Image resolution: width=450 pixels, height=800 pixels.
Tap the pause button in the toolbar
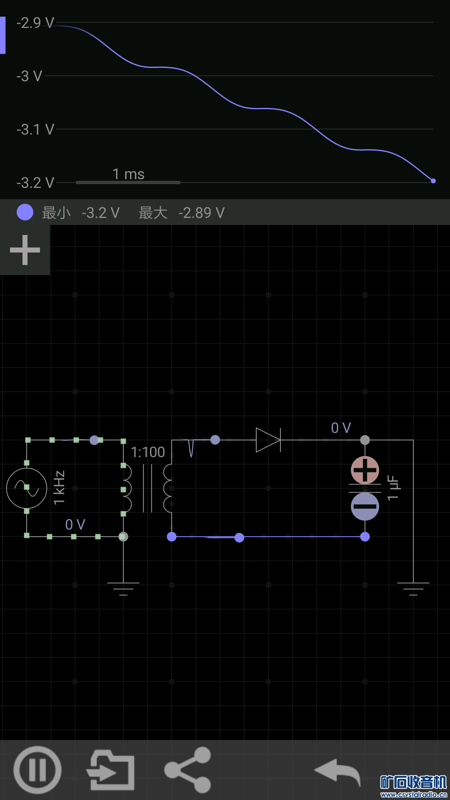tap(37, 770)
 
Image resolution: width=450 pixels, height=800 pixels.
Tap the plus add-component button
tap(25, 250)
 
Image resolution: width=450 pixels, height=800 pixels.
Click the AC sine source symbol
tap(27, 488)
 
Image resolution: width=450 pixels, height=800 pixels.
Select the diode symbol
tap(268, 440)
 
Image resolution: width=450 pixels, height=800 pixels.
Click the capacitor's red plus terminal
tap(365, 470)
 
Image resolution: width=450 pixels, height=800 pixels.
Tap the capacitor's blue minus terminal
tap(365, 507)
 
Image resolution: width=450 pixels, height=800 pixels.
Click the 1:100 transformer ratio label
tap(148, 452)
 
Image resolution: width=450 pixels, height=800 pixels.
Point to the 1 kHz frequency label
tap(60, 487)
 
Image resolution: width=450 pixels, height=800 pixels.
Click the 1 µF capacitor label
tap(393, 487)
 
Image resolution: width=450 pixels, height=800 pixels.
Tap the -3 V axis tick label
tap(30, 76)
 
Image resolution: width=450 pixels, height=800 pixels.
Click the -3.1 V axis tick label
tap(35, 130)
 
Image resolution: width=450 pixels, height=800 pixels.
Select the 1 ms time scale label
tap(128, 174)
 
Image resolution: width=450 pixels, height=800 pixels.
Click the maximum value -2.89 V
tap(202, 213)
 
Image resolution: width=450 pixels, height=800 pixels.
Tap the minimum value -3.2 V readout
tap(101, 213)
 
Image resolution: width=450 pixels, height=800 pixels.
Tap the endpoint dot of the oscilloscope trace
tap(433, 181)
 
